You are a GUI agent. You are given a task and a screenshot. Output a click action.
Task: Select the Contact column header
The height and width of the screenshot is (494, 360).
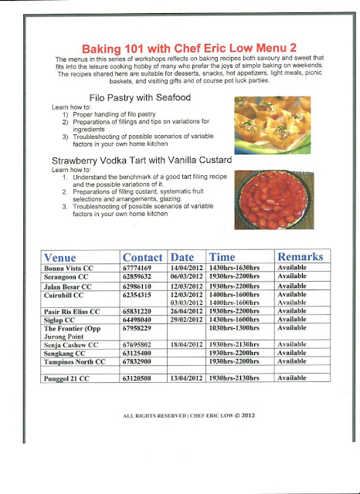(x=142, y=256)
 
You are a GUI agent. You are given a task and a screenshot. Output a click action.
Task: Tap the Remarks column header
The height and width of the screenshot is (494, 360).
(x=299, y=256)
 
